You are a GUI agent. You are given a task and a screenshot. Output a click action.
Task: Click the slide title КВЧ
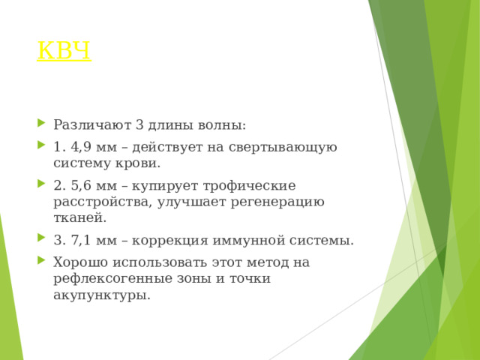64,51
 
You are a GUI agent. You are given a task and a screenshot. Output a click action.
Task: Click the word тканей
79,217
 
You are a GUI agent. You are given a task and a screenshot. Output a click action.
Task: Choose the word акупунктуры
101,295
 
